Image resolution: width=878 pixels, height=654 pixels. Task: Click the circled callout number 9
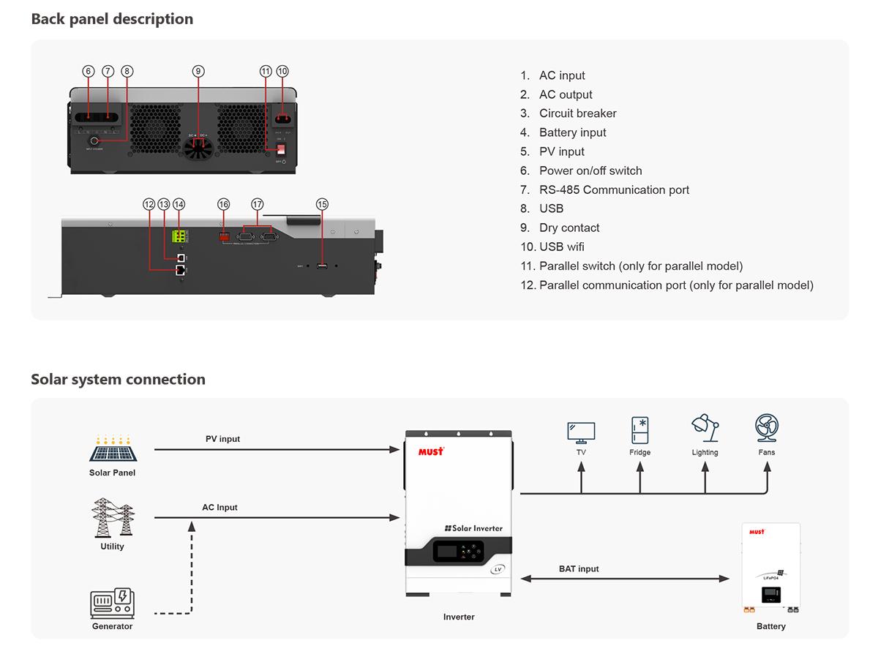pos(198,71)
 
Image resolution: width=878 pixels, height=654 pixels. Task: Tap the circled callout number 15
pos(322,204)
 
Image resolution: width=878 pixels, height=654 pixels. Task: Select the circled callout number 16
pos(224,204)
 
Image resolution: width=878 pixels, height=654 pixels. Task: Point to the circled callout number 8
pos(128,71)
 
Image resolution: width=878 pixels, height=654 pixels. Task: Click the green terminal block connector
pos(179,236)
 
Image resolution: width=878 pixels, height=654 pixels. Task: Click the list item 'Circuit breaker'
pos(577,113)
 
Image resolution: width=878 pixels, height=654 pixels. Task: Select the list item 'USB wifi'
pos(561,247)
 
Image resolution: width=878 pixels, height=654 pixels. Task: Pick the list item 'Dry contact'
pos(569,228)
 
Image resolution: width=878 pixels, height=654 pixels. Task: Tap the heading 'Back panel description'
pos(112,19)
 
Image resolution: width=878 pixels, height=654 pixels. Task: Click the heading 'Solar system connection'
pos(118,379)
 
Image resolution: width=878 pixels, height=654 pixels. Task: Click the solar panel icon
pos(113,449)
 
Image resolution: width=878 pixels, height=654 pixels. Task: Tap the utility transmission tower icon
pos(113,517)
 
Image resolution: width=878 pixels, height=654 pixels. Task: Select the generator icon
pos(112,604)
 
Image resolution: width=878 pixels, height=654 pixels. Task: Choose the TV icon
pos(581,432)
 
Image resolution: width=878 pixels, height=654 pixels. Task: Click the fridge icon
pos(640,430)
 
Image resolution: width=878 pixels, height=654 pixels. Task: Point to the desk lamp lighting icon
pos(705,429)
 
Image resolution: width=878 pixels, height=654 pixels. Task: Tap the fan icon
pos(767,429)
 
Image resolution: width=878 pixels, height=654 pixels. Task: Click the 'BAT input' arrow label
pos(579,568)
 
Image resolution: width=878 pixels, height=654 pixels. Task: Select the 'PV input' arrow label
pos(222,439)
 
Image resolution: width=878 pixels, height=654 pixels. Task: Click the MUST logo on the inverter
pos(430,451)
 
